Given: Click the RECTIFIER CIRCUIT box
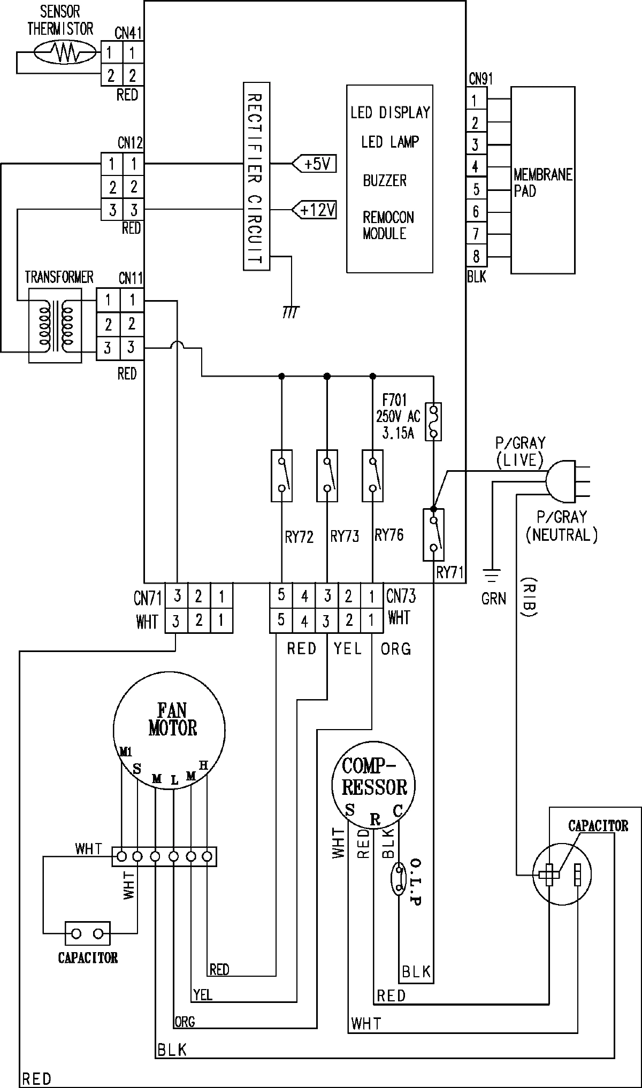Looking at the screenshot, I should (x=256, y=176).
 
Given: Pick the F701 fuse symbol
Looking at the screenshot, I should (x=433, y=422).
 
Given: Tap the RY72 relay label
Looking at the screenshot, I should (x=299, y=537).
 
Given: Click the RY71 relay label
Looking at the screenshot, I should (x=449, y=572).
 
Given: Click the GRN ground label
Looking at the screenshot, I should (x=493, y=599).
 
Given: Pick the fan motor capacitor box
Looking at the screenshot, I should (x=87, y=934).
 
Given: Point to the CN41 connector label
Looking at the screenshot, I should (x=128, y=34).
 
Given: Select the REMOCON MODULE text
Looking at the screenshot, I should (x=388, y=225).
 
